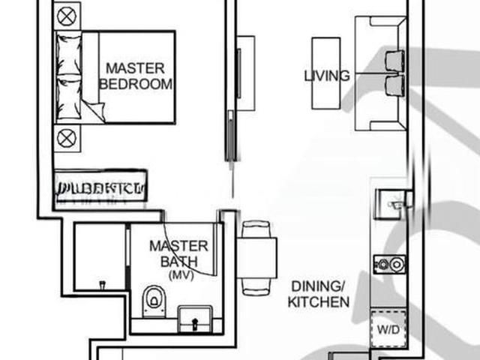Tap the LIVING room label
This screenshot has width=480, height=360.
coord(326,76)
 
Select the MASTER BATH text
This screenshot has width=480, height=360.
coord(178,253)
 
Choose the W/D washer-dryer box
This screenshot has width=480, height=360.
coord(388,328)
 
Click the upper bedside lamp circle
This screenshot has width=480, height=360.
coord(66,15)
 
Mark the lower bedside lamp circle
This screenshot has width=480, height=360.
coord(66,137)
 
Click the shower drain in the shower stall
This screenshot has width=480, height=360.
coord(102,283)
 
